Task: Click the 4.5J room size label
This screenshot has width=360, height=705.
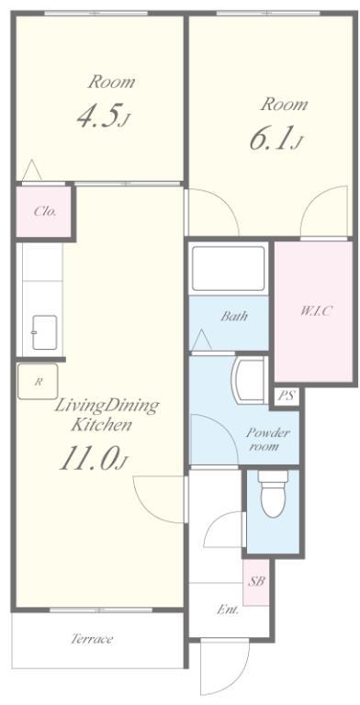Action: point(104,116)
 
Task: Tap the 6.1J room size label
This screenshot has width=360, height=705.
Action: point(276,138)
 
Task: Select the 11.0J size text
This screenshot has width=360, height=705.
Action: point(95,459)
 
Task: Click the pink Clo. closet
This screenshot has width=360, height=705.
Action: point(44,211)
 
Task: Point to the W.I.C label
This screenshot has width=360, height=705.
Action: point(315,310)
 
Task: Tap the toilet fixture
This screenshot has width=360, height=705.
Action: point(273,493)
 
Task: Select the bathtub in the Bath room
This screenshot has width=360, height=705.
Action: point(228,269)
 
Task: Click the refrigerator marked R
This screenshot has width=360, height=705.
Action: point(38,381)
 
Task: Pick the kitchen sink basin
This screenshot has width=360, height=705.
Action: point(45,332)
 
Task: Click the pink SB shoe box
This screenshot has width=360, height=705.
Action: point(256,581)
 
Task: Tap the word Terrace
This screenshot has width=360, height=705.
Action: point(92,639)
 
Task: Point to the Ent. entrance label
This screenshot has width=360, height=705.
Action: point(228,610)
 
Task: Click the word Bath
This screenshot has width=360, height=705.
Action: point(234,316)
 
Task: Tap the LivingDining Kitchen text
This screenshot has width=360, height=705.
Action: point(107,415)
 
